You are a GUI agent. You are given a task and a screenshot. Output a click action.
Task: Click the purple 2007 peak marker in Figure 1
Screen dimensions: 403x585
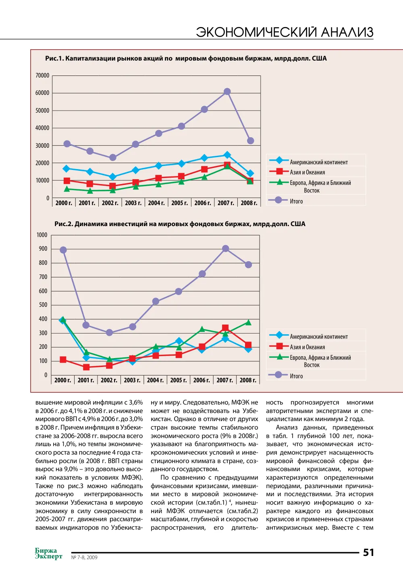(227, 91)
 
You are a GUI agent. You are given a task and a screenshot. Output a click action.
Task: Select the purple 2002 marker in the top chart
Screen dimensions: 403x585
(112, 157)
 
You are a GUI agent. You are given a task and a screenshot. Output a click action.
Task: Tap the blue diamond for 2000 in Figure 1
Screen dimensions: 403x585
(66, 168)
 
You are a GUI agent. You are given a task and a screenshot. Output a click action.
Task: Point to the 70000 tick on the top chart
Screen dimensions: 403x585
(42, 75)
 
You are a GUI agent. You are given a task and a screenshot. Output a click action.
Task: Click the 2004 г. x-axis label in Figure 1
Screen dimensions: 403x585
(156, 203)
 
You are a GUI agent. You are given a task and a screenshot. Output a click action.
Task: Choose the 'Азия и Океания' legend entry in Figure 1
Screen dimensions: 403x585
(307, 172)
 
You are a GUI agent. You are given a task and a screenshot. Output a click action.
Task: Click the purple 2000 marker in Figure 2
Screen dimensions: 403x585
(63, 250)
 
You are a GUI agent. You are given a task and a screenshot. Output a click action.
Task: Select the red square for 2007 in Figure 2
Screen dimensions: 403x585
(226, 328)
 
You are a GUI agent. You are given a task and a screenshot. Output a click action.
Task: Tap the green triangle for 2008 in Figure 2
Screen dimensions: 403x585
(248, 323)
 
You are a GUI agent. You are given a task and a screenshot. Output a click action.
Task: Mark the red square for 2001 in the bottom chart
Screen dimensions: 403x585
(86, 367)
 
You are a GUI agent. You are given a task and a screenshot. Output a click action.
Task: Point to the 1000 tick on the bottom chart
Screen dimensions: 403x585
(42, 235)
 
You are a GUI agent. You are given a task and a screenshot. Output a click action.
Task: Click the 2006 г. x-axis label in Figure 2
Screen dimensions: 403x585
(201, 380)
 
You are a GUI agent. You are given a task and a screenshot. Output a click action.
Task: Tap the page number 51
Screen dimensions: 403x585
(368, 552)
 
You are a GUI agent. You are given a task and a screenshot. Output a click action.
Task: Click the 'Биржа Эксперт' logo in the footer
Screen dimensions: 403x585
(48, 554)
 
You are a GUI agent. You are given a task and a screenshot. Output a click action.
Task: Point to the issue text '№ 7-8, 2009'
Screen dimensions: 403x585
(84, 557)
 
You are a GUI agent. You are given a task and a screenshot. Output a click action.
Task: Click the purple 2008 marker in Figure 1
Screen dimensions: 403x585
(251, 141)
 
